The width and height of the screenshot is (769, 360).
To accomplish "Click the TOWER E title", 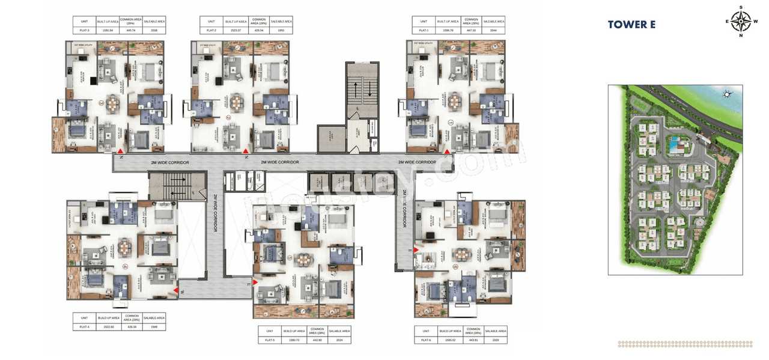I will tap(631, 25).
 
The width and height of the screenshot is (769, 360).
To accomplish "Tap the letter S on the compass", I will tap(741, 8).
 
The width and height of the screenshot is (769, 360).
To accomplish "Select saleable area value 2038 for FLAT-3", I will tap(155, 29).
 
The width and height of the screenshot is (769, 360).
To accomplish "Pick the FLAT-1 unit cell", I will tap(424, 29).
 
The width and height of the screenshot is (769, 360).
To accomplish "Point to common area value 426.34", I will tap(132, 327).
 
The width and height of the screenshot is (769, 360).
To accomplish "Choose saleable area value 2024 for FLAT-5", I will tap(339, 340).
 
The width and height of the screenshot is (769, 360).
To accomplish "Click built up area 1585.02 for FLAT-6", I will tap(451, 340).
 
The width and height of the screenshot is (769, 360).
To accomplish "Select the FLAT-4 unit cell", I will tap(84, 327).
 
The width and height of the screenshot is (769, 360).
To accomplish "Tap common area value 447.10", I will tap(471, 29).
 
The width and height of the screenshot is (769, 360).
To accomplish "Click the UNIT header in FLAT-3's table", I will tap(84, 21).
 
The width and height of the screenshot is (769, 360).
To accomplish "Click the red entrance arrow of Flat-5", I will tap(255, 282).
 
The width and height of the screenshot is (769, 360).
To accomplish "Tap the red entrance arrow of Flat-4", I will tap(176, 291).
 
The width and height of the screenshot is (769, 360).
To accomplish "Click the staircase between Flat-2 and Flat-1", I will tap(362, 90).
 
